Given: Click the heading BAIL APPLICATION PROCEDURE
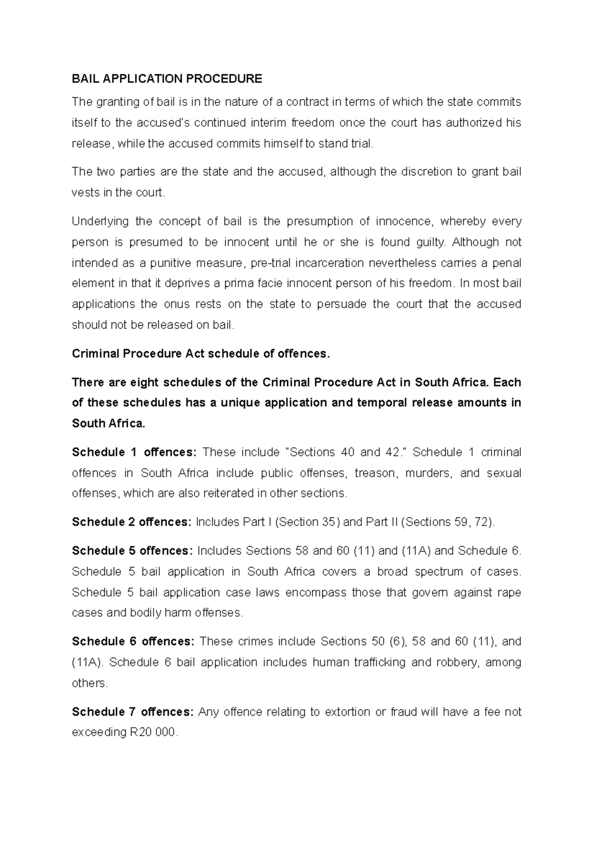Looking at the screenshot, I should [167, 79].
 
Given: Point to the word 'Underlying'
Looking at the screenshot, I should [100, 221].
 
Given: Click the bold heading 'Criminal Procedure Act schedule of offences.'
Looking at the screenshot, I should [200, 354].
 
